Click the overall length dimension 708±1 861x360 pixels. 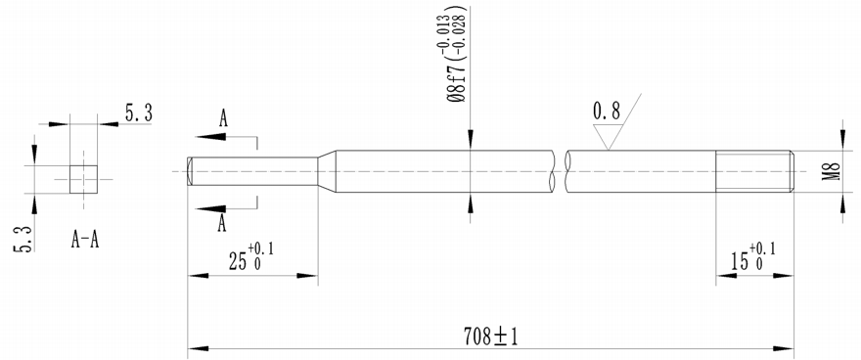tap(490, 337)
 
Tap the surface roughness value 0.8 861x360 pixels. tap(607, 111)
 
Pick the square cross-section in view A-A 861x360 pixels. tap(83, 180)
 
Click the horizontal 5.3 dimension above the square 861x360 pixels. tap(137, 114)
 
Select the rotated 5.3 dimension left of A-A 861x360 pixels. tap(22, 238)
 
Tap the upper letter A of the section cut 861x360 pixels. tap(223, 119)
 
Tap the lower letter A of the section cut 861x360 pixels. tap(223, 224)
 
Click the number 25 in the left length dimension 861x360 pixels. tap(237, 262)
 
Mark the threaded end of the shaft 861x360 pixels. tap(754, 172)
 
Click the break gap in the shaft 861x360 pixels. tap(560, 172)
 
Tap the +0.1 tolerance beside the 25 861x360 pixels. tap(261, 248)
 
